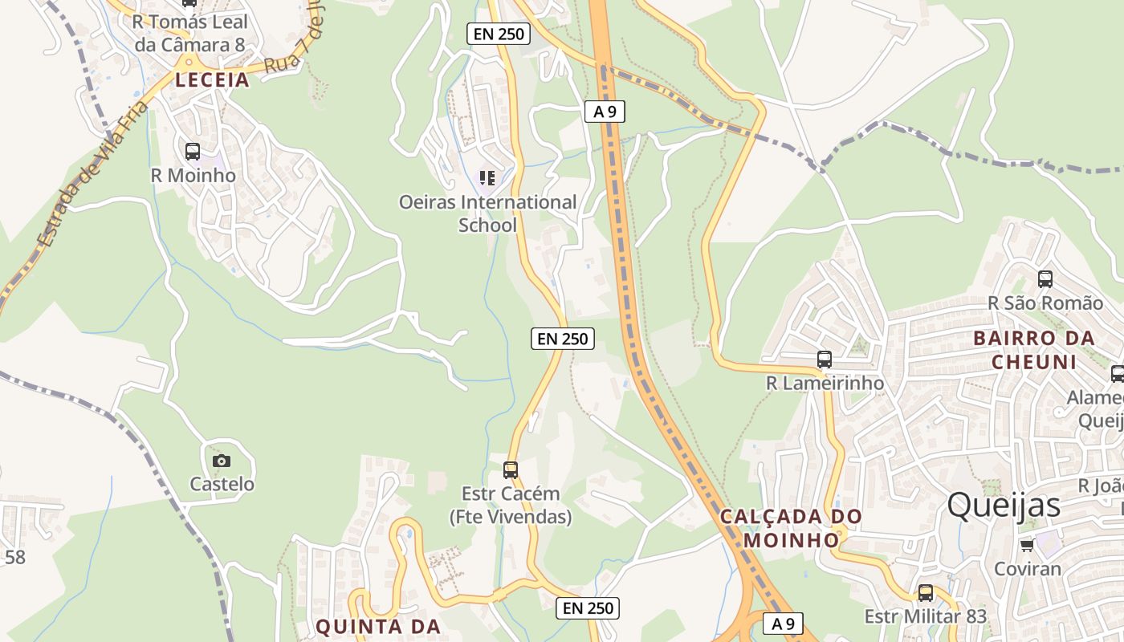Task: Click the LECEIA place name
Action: (213, 79)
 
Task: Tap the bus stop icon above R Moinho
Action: (193, 151)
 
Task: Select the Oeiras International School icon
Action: (487, 177)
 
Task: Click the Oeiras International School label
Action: (487, 213)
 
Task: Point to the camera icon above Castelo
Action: (222, 461)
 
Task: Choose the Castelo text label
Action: (222, 484)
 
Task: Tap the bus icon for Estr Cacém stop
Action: (511, 469)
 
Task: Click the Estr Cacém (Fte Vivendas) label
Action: (511, 505)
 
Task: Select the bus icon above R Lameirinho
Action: (825, 360)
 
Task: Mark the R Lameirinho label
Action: (825, 384)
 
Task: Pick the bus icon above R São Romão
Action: (1045, 279)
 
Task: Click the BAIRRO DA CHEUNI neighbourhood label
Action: (1034, 350)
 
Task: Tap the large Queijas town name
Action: (1004, 506)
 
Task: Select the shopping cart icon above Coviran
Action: (1027, 546)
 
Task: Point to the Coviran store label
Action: (1027, 569)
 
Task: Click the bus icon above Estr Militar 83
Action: (926, 593)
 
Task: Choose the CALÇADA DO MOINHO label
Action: (791, 527)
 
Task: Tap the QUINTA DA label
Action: (377, 626)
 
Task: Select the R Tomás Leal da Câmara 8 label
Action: (190, 33)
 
